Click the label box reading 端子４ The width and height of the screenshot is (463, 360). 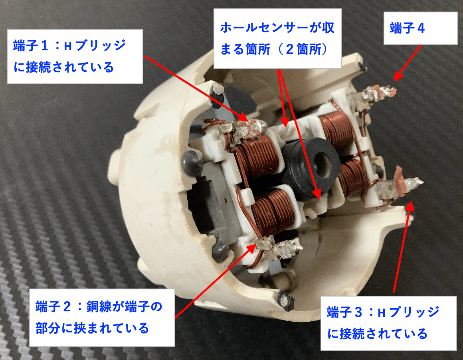[420, 28]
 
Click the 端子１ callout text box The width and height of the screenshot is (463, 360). [75, 56]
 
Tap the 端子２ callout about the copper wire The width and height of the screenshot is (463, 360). [102, 317]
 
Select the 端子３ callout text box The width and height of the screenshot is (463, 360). [389, 323]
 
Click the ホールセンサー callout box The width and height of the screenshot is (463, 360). [277, 38]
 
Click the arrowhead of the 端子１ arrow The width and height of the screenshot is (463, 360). [244, 118]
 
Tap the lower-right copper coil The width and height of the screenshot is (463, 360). [353, 177]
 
